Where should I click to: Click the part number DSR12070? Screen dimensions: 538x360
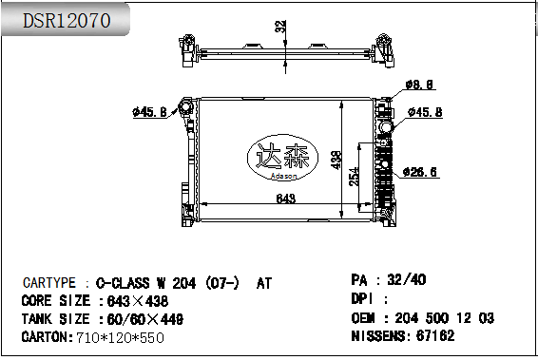click(x=67, y=21)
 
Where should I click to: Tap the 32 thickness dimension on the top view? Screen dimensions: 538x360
click(x=280, y=27)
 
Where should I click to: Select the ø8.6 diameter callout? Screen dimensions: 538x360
click(x=419, y=85)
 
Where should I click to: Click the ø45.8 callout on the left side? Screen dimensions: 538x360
click(x=149, y=112)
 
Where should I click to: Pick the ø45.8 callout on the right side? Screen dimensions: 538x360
click(x=425, y=112)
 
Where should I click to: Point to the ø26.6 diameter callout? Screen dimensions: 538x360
click(x=420, y=172)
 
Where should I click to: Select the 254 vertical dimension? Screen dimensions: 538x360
click(x=355, y=177)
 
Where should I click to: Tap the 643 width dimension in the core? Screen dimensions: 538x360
click(x=286, y=199)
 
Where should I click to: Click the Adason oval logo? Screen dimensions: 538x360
click(x=282, y=158)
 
